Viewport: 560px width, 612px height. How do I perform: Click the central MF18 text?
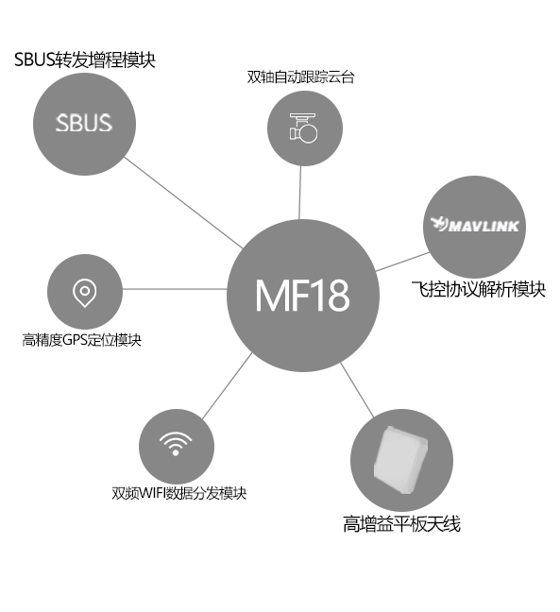pyautogui.click(x=302, y=296)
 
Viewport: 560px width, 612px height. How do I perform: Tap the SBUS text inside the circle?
pyautogui.click(x=84, y=123)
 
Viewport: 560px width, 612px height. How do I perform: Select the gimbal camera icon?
pyautogui.click(x=303, y=128)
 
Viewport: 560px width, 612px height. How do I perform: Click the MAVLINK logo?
pyautogui.click(x=475, y=225)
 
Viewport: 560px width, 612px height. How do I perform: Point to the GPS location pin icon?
pyautogui.click(x=85, y=293)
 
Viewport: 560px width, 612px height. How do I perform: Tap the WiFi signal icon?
pyautogui.click(x=176, y=444)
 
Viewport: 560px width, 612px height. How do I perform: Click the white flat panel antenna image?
pyautogui.click(x=400, y=460)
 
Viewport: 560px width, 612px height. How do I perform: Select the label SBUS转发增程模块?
pyautogui.click(x=85, y=59)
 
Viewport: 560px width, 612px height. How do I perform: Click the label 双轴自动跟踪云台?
pyautogui.click(x=300, y=76)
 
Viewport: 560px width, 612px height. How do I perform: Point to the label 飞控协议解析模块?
pyautogui.click(x=479, y=289)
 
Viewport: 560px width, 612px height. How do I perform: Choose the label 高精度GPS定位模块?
pyautogui.click(x=81, y=340)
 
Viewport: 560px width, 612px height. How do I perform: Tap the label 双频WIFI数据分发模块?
pyautogui.click(x=179, y=493)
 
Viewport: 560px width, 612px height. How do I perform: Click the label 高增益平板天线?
pyautogui.click(x=401, y=524)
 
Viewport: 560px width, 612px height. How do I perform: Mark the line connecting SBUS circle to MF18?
pyautogui.click(x=183, y=203)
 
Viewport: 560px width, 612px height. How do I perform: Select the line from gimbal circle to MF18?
pyautogui.click(x=300, y=193)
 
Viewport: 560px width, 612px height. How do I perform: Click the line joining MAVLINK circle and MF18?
pyautogui.click(x=402, y=262)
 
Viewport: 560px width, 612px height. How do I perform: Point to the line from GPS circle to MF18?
pyautogui.click(x=175, y=289)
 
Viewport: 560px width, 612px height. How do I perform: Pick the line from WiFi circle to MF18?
pyautogui.click(x=228, y=386)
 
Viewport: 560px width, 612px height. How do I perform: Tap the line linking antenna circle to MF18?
pyautogui.click(x=357, y=390)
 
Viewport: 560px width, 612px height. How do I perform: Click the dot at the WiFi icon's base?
pyautogui.click(x=176, y=452)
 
